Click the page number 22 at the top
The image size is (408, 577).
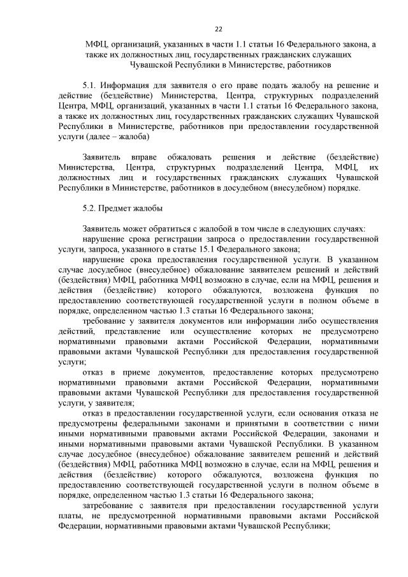(219, 29)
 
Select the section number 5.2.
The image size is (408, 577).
(91, 208)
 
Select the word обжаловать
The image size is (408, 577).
(189, 157)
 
